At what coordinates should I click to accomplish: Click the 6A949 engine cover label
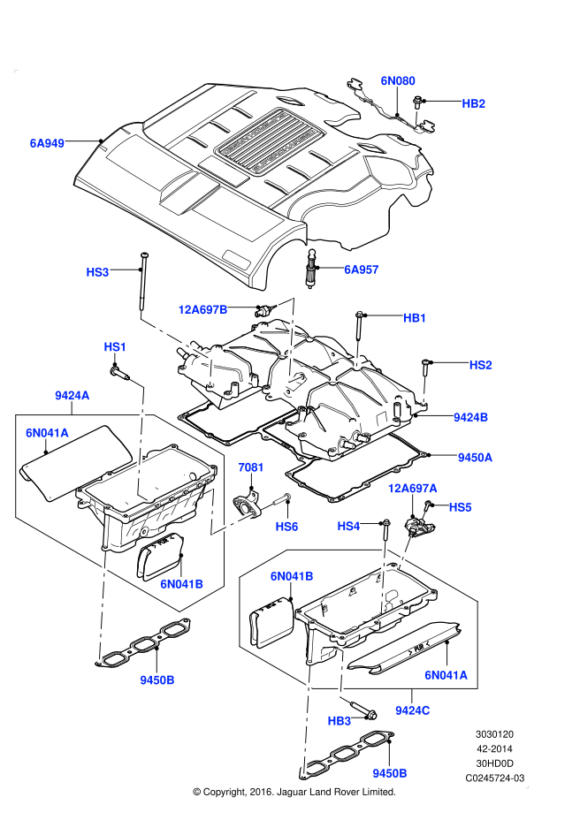coord(47,141)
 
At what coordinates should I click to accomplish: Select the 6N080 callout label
coord(398,80)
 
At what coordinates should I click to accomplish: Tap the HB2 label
coord(474,103)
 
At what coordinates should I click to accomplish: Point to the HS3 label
coord(97,272)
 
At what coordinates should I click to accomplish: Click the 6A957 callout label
coord(361,270)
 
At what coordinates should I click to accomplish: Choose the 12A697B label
coord(202,309)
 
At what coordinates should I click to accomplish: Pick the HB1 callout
coord(415,317)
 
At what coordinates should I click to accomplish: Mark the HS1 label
coord(116,346)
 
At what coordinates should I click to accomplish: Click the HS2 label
coord(480,364)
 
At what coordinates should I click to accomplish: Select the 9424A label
coord(72,396)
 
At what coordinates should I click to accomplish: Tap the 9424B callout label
coord(471,416)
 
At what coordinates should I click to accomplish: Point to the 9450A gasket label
coord(475,457)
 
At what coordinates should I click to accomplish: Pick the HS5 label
coord(461,507)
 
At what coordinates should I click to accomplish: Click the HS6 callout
coord(286,526)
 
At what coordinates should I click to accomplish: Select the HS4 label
coord(349,526)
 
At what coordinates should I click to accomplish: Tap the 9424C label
coord(413,710)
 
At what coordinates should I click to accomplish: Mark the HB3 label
coord(340,720)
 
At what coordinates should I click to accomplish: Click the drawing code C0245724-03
coord(495,778)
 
